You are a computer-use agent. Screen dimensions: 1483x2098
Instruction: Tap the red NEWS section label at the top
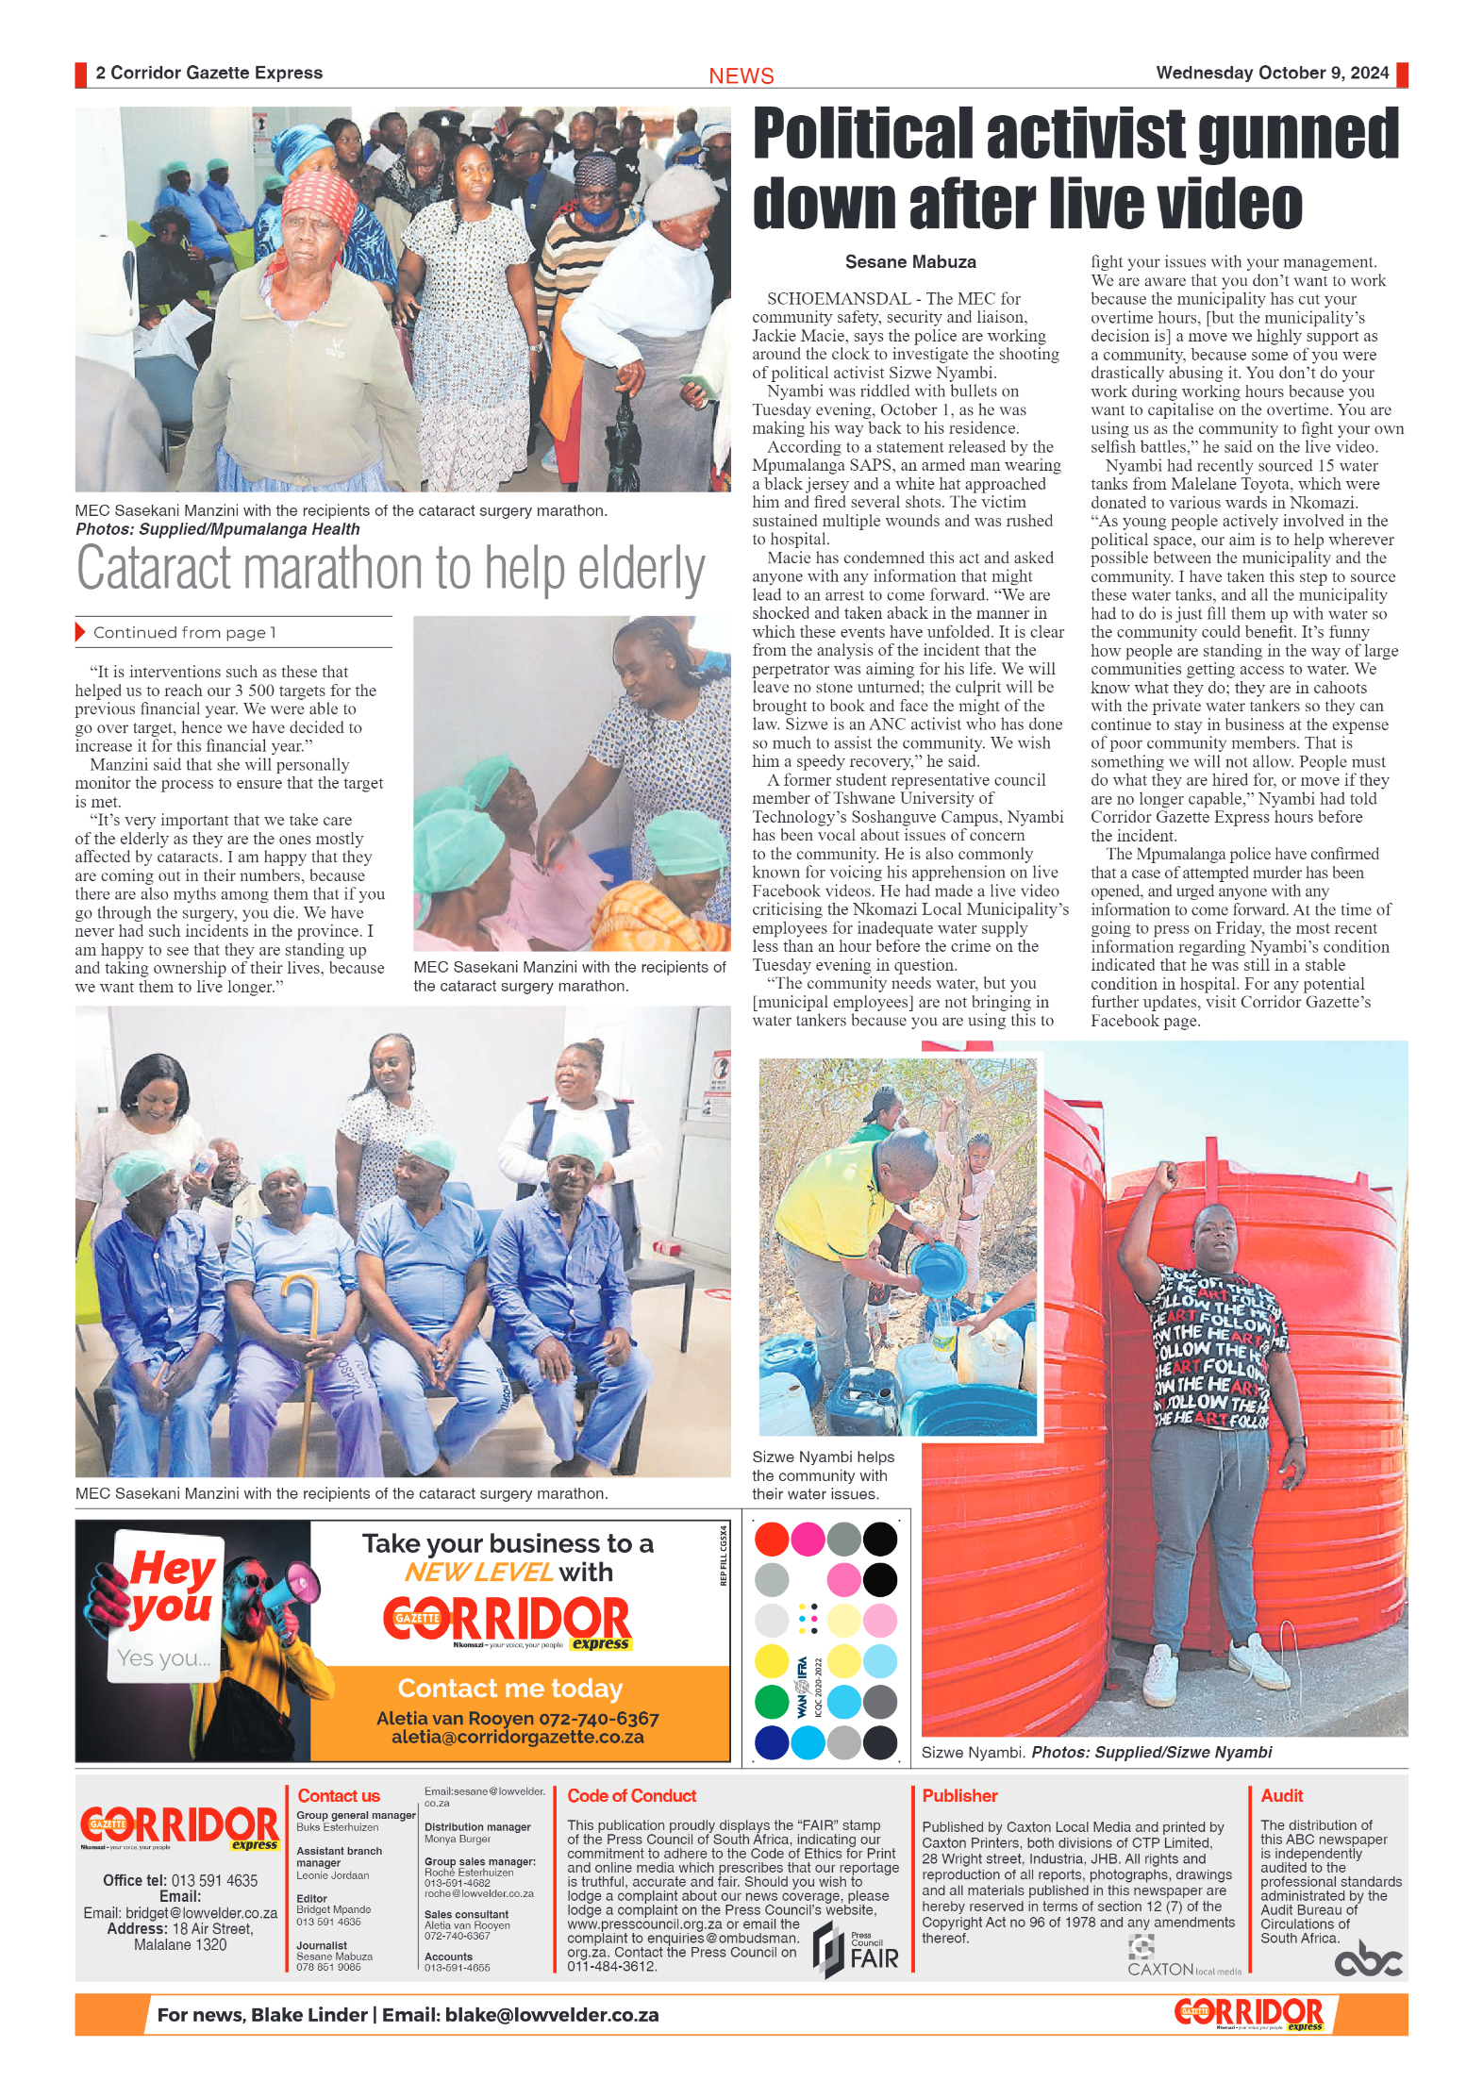pos(741,75)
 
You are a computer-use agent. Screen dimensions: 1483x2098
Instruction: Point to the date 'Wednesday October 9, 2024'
pos(1272,73)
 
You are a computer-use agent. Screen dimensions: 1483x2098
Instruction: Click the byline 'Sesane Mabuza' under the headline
pos(909,262)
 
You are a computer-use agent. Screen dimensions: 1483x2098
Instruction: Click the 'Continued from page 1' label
pos(184,633)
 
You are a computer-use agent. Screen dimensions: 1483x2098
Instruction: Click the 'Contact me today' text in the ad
pos(509,1688)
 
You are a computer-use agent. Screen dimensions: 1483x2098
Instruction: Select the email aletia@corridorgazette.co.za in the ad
pos(517,1737)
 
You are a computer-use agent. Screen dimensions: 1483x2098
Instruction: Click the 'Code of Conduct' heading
pos(631,1796)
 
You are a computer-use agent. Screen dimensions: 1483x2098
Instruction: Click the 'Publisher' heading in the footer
pos(958,1796)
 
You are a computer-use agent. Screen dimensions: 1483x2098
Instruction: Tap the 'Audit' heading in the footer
pos(1281,1796)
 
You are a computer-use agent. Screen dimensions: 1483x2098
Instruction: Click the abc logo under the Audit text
pos(1367,1959)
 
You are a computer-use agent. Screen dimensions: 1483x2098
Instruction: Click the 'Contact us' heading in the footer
pos(338,1796)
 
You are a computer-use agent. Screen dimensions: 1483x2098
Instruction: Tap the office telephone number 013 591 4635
pos(214,1881)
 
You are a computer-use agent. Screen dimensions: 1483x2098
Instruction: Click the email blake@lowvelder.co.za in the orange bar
pos(552,2015)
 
